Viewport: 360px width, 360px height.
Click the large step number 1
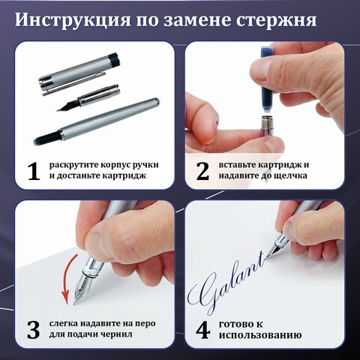32,171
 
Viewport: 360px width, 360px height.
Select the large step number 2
202,171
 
